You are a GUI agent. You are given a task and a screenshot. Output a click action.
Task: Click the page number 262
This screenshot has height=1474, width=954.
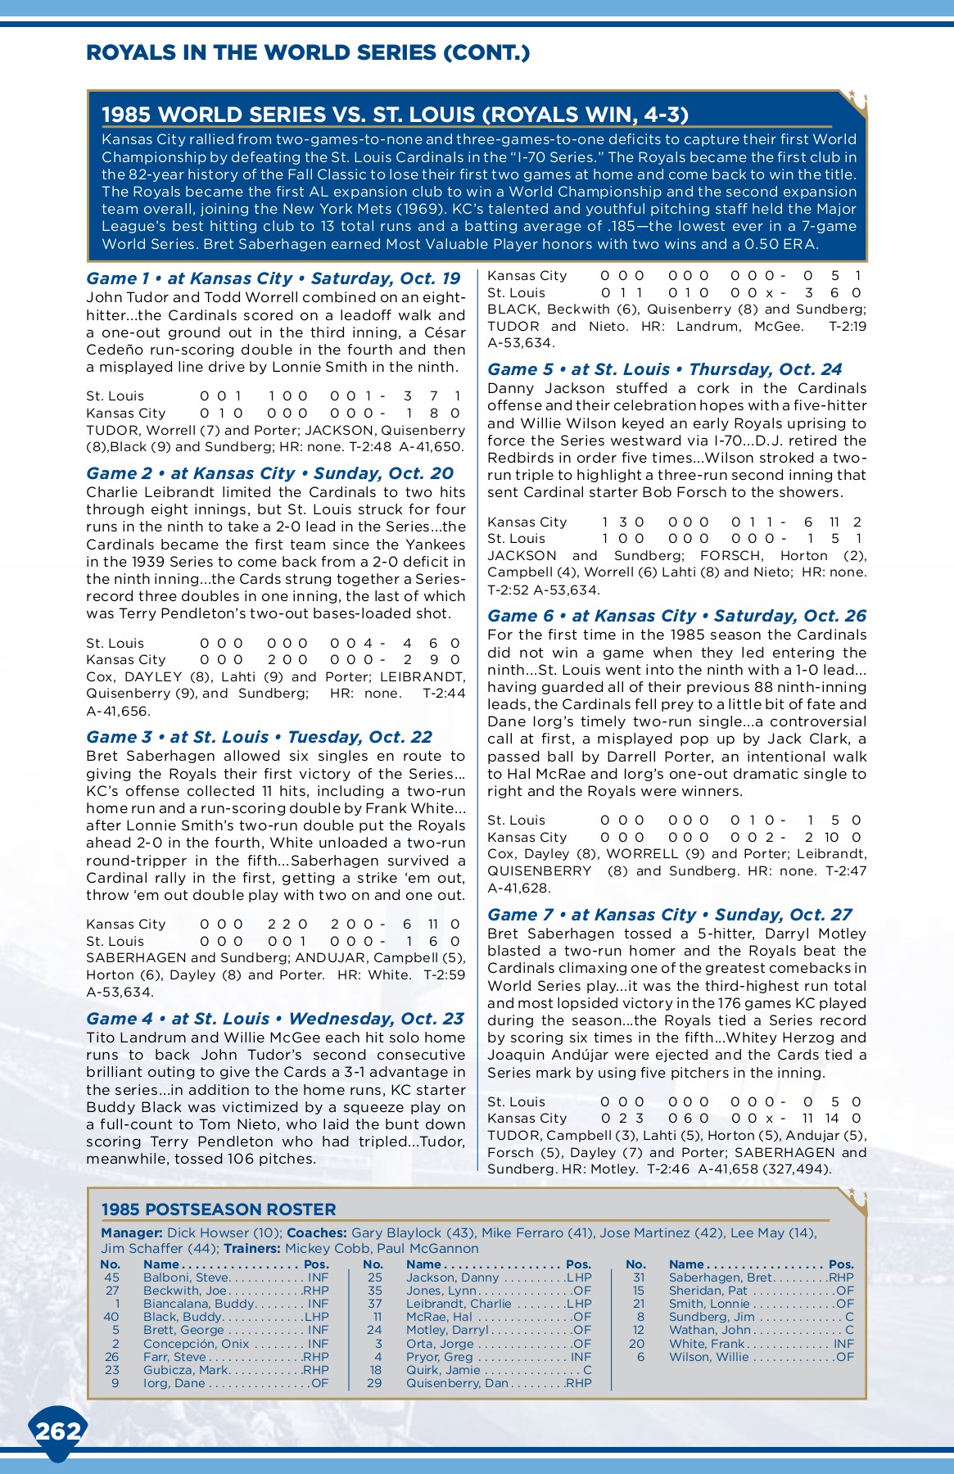58,1431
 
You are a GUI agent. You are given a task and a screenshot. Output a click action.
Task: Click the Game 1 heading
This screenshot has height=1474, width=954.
274,278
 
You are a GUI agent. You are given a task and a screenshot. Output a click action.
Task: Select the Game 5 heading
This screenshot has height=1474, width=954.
664,369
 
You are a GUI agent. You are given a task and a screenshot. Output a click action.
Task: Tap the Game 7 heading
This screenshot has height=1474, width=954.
669,915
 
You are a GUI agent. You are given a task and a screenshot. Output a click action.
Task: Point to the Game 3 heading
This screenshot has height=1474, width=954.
259,737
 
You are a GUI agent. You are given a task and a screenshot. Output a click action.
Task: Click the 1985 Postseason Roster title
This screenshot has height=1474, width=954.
218,1209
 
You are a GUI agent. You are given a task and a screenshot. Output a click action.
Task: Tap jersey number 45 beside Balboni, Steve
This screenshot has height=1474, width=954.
112,1277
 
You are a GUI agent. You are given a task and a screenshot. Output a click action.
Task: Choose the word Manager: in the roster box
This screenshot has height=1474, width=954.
131,1232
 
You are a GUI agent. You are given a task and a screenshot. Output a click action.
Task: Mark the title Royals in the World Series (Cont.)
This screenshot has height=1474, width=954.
308,53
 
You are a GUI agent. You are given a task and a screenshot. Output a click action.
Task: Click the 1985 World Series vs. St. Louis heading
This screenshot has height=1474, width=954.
395,115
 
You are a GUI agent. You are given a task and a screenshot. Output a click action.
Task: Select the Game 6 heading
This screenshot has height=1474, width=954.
676,616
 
